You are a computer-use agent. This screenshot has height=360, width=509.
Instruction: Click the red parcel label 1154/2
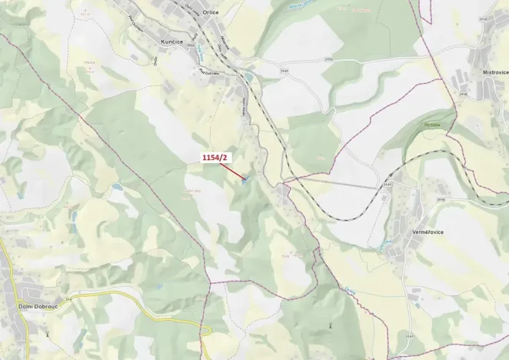point(216,158)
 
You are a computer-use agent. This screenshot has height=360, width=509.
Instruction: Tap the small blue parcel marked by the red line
point(245,182)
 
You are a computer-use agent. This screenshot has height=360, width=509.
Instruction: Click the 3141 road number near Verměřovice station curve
point(387,185)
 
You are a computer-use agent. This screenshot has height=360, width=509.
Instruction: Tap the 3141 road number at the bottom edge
point(410,337)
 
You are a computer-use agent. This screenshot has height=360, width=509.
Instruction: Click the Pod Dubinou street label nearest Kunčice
point(209,72)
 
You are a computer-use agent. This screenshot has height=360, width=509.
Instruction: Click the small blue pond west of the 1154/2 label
point(116,186)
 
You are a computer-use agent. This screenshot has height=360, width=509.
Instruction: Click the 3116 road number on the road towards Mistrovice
point(329,58)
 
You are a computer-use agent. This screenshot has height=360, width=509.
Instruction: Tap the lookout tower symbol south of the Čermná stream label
point(331,326)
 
